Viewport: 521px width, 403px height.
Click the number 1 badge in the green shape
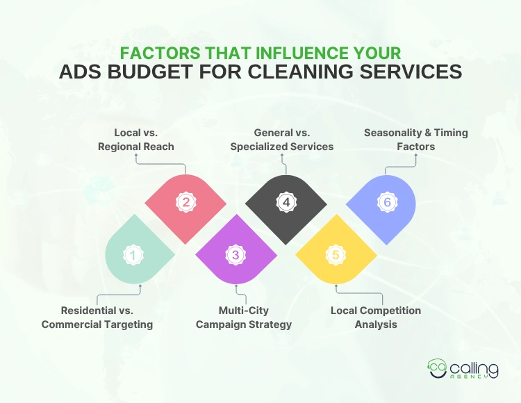tap(132, 256)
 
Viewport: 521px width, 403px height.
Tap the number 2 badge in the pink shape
tap(185, 202)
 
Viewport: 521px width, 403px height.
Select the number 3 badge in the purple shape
tap(235, 256)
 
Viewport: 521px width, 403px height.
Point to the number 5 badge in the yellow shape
tap(336, 256)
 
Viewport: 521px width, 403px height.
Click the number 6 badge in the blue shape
tap(387, 202)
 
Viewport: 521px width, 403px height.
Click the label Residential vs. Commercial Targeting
tap(97, 318)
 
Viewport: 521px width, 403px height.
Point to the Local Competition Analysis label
tap(376, 318)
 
